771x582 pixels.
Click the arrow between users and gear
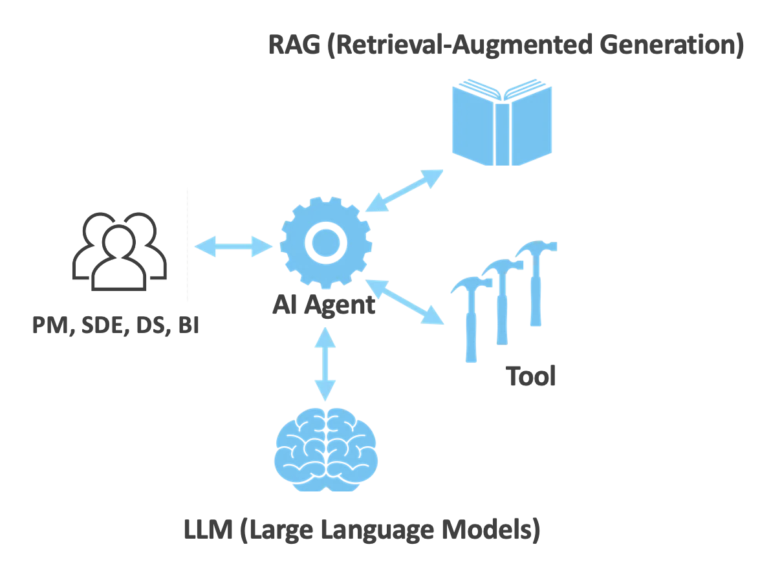coord(233,246)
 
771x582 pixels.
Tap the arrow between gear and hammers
coord(405,301)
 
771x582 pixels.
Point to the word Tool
coord(530,376)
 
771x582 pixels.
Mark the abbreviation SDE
coord(109,325)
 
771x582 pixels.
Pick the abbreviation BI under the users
coord(188,325)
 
